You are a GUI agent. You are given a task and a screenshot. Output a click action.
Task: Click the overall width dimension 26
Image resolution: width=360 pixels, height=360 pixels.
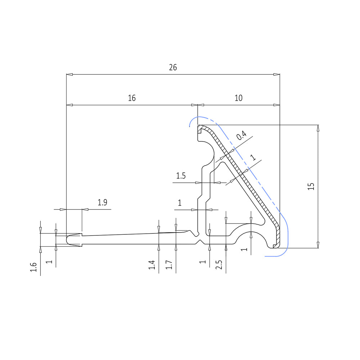(173, 67)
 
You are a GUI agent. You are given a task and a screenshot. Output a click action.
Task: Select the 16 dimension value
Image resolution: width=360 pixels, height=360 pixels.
(132, 98)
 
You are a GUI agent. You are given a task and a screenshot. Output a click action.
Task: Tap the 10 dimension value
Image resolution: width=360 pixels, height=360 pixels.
(239, 98)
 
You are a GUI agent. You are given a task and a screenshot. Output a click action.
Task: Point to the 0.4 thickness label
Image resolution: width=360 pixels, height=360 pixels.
(242, 135)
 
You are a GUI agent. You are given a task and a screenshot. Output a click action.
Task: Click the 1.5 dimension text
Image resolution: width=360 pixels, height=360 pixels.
(181, 176)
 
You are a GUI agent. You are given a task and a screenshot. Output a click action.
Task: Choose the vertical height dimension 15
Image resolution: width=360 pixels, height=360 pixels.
(311, 186)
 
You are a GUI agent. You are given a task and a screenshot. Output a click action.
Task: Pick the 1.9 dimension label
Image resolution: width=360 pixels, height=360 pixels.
(102, 202)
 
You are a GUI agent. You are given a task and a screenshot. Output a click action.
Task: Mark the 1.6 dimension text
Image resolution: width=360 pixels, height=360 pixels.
(33, 267)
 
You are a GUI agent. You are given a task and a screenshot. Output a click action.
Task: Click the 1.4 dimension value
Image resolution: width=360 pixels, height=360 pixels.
(152, 265)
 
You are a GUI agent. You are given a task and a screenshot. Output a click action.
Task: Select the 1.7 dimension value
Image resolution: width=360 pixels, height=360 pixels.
(169, 265)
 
